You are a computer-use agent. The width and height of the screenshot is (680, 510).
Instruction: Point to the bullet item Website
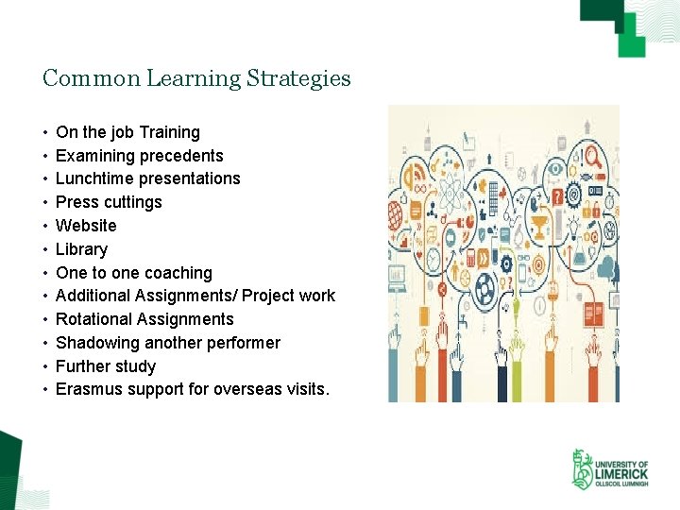(86, 226)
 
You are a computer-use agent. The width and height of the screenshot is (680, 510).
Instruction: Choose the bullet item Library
(81, 249)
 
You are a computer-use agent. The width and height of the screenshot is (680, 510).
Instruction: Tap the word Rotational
(95, 319)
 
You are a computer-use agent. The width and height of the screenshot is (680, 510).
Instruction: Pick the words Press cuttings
(109, 202)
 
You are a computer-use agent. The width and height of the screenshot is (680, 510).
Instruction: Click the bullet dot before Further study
(45, 366)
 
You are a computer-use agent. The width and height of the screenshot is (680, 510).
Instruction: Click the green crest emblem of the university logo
(582, 469)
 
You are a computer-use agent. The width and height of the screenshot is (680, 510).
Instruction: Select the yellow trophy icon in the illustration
(539, 227)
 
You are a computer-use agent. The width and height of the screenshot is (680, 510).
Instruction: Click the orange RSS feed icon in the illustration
(414, 176)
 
